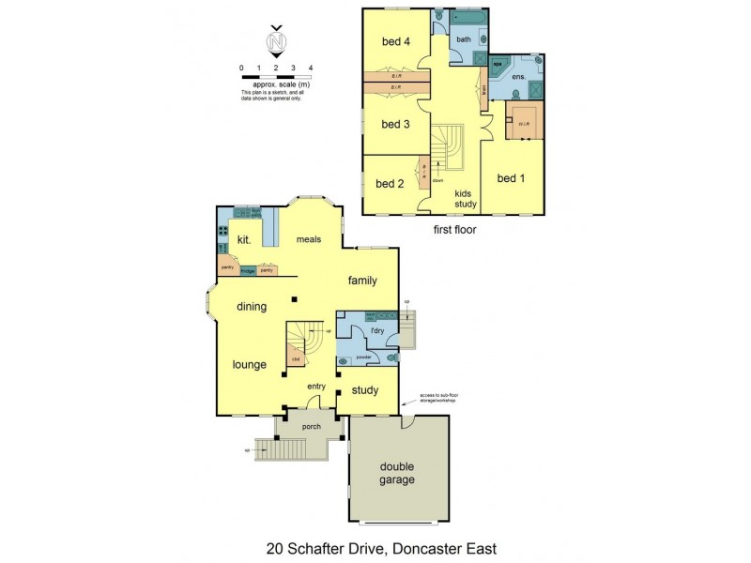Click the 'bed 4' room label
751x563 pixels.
coord(395,41)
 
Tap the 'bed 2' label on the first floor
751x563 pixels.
coord(389,184)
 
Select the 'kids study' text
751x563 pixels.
coord(466,199)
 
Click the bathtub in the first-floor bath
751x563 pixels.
coord(467,18)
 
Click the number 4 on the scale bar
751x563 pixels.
coord(311,68)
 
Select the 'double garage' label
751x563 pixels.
coord(397,473)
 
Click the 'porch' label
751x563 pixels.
coord(311,427)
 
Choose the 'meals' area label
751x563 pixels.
coord(309,239)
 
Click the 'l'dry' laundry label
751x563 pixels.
coord(378,331)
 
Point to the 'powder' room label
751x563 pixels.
coord(365,357)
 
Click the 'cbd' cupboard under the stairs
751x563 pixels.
coord(296,358)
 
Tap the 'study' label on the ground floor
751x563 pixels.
coord(364,390)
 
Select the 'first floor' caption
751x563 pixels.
coord(454,228)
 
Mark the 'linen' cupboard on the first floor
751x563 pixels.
coord(483,91)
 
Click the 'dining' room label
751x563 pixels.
coord(252,306)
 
